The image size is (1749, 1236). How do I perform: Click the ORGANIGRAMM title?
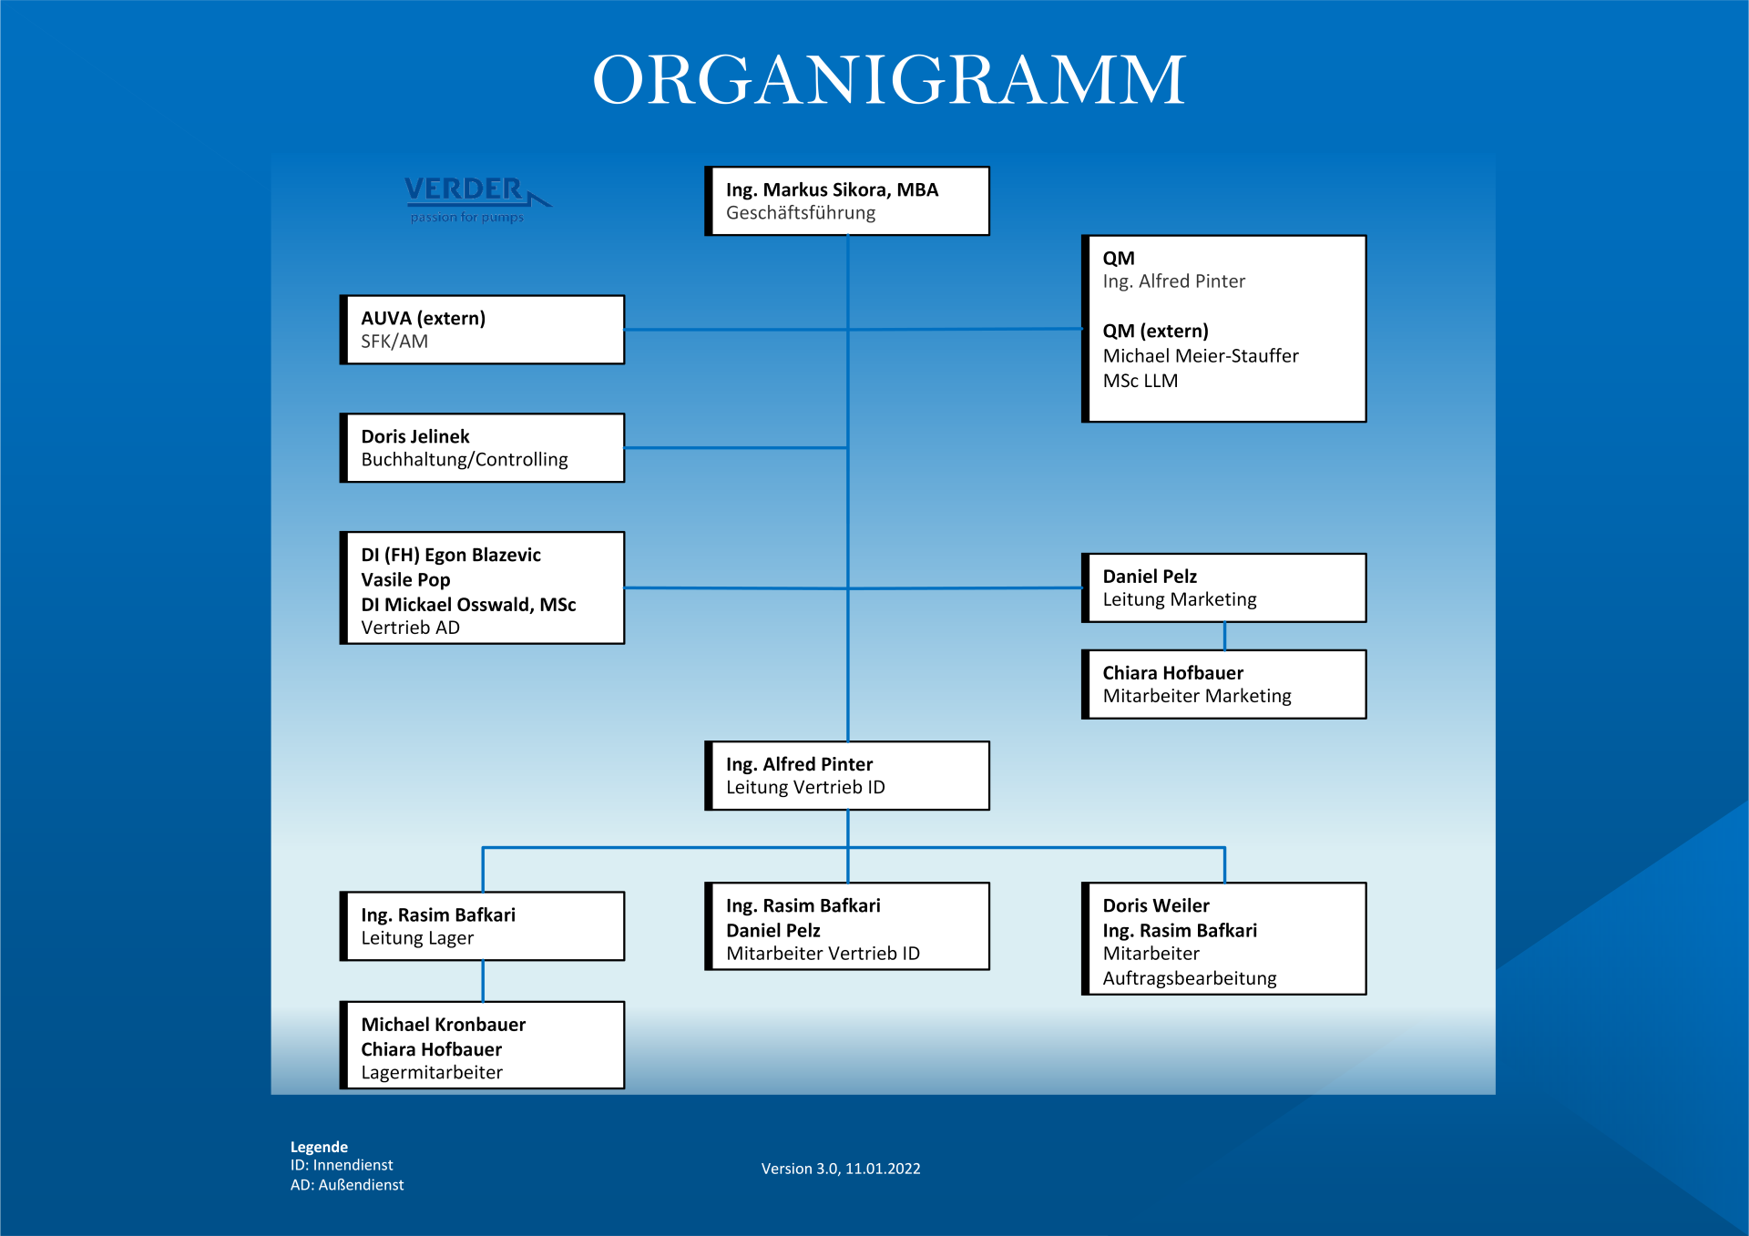[889, 80]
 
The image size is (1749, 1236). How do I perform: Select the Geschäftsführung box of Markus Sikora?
[847, 201]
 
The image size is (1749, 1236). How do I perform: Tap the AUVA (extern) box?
[482, 330]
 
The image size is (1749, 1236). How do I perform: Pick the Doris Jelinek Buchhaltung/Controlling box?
[482, 448]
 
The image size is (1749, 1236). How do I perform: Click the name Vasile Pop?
[405, 580]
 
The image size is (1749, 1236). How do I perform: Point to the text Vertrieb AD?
[410, 628]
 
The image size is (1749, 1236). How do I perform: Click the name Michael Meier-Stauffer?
[1201, 356]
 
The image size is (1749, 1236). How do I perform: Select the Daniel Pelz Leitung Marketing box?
[1223, 588]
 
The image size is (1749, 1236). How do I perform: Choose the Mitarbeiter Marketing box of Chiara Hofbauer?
[1223, 685]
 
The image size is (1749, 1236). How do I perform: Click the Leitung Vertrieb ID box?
[847, 776]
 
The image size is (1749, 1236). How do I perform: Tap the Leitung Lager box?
[482, 926]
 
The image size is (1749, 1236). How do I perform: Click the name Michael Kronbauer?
[443, 1025]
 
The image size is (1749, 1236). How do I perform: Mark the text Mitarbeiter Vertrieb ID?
[823, 954]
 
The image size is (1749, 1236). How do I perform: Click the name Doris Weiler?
[1156, 906]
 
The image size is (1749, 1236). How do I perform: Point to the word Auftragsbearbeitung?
[1190, 979]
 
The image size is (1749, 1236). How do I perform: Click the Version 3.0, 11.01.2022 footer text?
[841, 1169]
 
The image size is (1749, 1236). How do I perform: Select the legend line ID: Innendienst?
[342, 1166]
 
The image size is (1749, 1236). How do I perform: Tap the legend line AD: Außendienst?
[347, 1185]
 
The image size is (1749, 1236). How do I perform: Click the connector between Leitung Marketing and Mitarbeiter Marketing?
[1224, 637]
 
